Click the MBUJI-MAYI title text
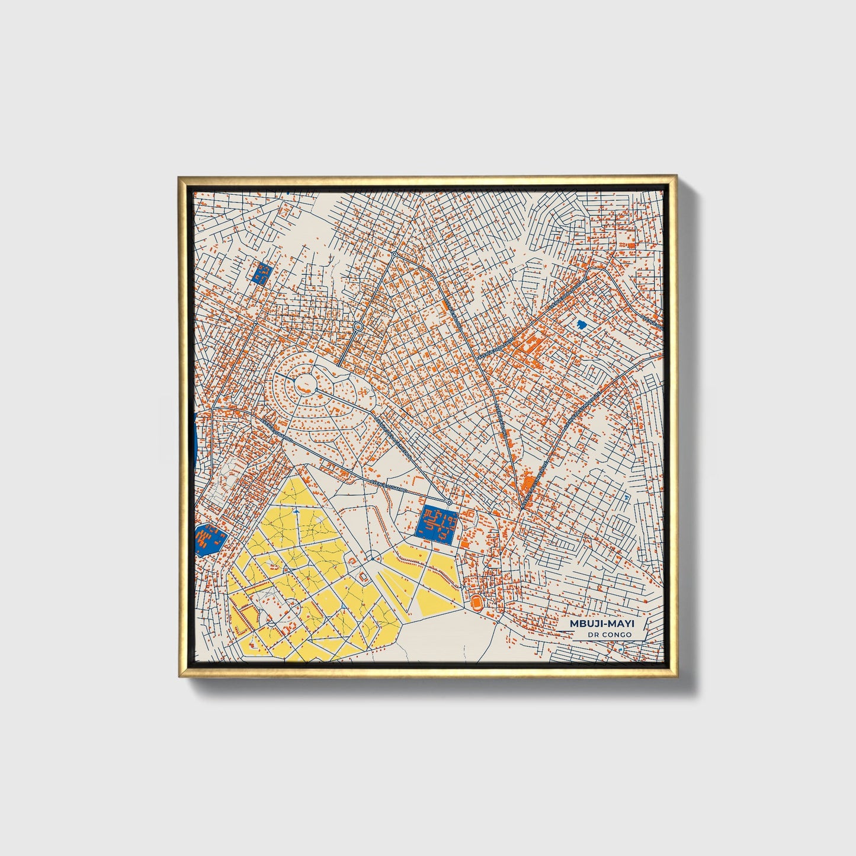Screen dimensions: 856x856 pos(600,624)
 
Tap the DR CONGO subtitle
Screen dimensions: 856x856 pos(610,635)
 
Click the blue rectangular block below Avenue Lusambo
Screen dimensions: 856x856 pos(438,523)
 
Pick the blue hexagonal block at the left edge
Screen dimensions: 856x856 pos(210,539)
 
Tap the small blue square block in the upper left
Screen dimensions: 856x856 pos(261,273)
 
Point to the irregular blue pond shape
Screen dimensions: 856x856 pos(581,325)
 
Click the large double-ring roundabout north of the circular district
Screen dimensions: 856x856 pos(358,326)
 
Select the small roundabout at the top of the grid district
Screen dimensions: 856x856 pos(395,254)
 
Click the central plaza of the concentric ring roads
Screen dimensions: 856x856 pos(306,381)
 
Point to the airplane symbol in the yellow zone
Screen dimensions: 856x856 pos(294,509)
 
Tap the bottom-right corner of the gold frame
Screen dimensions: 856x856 pos(677,677)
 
